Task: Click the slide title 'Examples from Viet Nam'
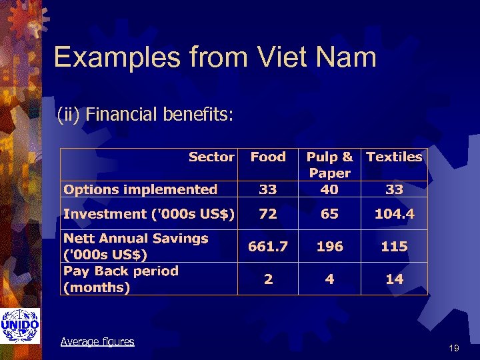pyautogui.click(x=215, y=57)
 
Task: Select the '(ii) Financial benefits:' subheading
pyautogui.click(x=145, y=115)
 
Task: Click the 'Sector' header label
pyautogui.click(x=211, y=157)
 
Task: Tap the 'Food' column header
pyautogui.click(x=268, y=157)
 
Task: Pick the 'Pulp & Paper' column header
pyautogui.click(x=329, y=165)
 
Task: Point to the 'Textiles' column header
pyautogui.click(x=394, y=157)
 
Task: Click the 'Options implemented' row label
pyautogui.click(x=140, y=189)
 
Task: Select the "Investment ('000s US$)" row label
pyautogui.click(x=149, y=214)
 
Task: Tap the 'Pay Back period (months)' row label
pyautogui.click(x=121, y=279)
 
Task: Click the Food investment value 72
pyautogui.click(x=268, y=214)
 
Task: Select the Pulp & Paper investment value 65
pyautogui.click(x=329, y=214)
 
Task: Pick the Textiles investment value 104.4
pyautogui.click(x=394, y=214)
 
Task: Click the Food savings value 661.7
pyautogui.click(x=268, y=247)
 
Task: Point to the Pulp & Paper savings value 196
pyautogui.click(x=329, y=247)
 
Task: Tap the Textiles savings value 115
pyautogui.click(x=394, y=247)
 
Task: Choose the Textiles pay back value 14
pyautogui.click(x=394, y=279)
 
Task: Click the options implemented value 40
pyautogui.click(x=329, y=189)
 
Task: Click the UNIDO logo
pyautogui.click(x=20, y=326)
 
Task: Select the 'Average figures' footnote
pyautogui.click(x=97, y=341)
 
